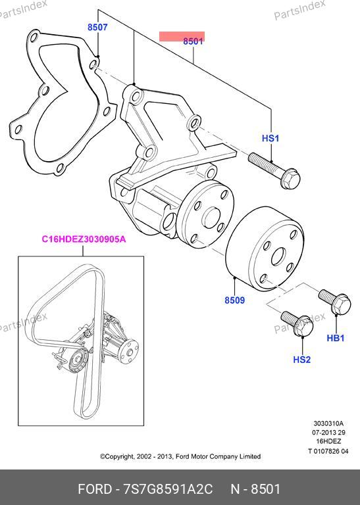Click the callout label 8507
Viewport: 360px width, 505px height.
click(97, 28)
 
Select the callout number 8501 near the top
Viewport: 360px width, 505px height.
click(193, 41)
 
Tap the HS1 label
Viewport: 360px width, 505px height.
click(270, 139)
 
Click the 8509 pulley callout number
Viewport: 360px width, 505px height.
click(235, 300)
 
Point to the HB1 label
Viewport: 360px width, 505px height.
click(336, 338)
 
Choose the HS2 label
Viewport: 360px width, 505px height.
click(301, 360)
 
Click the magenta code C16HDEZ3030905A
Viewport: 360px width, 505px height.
click(84, 239)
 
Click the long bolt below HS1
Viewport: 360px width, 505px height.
click(274, 171)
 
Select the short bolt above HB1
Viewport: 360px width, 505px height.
click(335, 301)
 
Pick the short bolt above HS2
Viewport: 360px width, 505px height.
click(297, 323)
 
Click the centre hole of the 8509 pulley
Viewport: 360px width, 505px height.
click(278, 257)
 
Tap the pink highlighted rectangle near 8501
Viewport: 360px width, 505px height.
click(182, 36)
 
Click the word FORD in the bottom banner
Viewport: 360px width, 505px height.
click(95, 489)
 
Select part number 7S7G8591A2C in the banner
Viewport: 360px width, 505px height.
click(168, 489)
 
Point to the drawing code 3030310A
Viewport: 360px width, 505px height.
click(328, 423)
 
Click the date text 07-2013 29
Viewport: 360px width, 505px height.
click(328, 432)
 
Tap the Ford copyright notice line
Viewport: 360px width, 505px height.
click(180, 456)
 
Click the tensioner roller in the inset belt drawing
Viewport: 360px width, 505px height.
click(78, 360)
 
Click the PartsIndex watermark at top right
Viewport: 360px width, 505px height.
click(299, 10)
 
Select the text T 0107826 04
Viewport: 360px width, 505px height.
click(328, 451)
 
